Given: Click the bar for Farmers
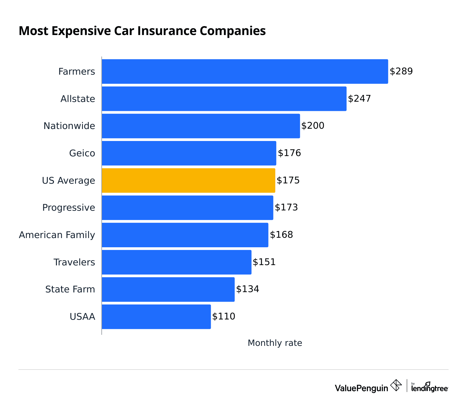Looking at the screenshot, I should tap(245, 71).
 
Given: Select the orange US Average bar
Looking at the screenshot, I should tap(188, 180).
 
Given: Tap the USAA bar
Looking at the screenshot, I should tap(156, 317).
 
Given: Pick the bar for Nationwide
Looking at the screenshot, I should tap(201, 126).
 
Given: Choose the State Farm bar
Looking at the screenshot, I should tap(168, 289).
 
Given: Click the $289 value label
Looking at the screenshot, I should tap(401, 71).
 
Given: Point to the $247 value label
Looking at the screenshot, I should tap(359, 99).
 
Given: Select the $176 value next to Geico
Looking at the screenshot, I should tap(289, 153).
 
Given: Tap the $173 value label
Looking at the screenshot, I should tap(286, 207).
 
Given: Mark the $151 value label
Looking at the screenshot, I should tap(264, 262).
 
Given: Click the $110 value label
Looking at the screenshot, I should tap(224, 316).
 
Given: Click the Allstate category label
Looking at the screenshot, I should tap(78, 99).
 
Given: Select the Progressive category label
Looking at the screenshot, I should tap(69, 208).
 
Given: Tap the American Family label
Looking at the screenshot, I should tap(57, 235).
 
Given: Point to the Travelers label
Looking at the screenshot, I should tap(74, 262).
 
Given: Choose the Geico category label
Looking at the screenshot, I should tap(82, 153).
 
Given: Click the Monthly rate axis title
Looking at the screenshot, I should tap(275, 343).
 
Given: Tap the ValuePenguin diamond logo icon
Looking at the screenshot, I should tap(396, 385).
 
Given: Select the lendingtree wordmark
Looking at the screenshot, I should tap(430, 388).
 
